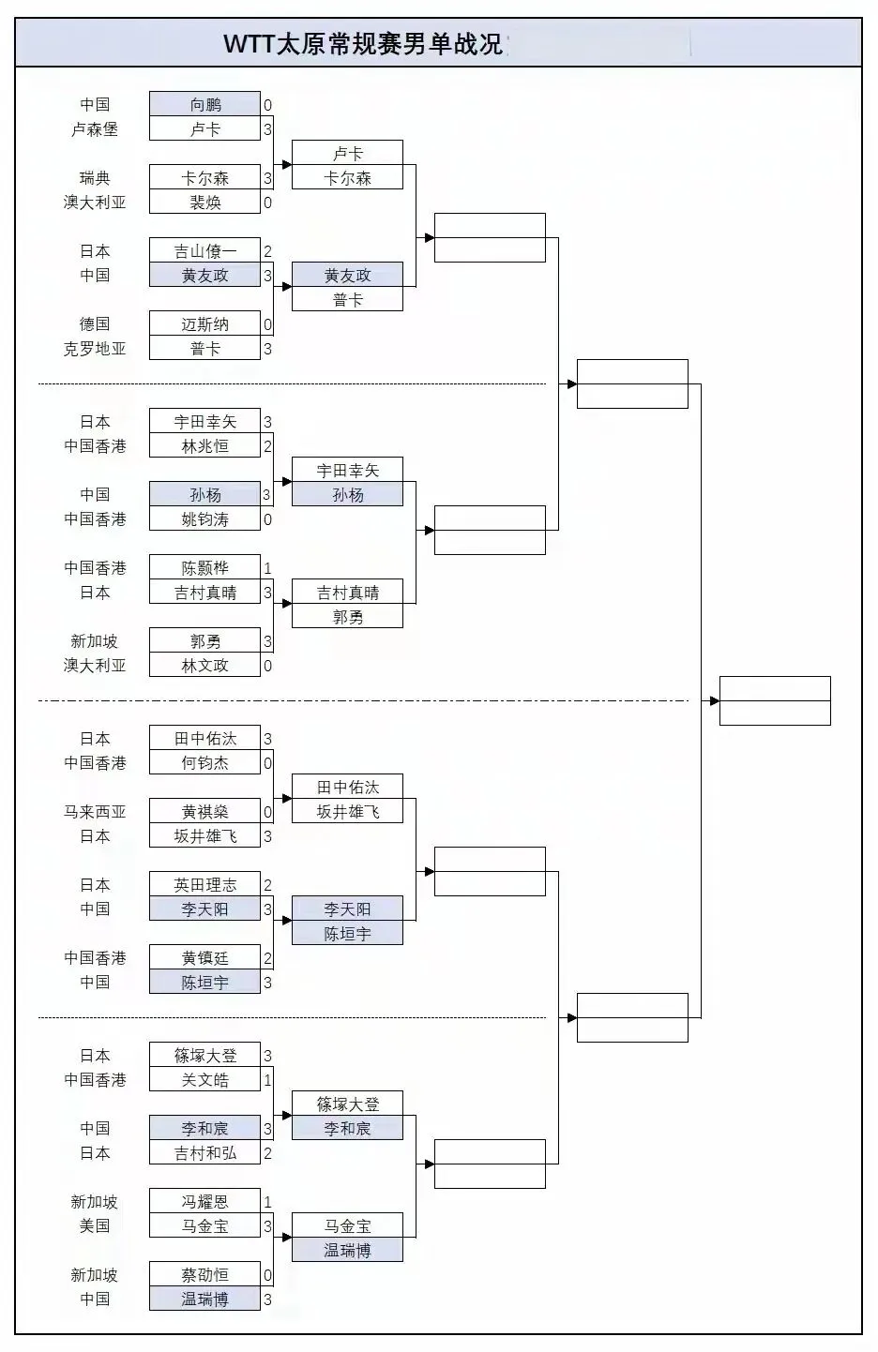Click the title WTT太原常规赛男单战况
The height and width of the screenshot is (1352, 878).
[x=364, y=44]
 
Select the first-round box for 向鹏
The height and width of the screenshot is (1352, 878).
[x=204, y=105]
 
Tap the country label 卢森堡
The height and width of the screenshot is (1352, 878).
[x=95, y=129]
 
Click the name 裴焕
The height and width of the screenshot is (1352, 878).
[x=204, y=203]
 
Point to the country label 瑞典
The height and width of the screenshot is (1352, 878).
[x=95, y=178]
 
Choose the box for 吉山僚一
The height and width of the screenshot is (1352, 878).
[x=204, y=251]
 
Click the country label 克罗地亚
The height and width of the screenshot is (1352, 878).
[x=95, y=349]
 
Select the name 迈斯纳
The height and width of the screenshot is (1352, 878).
[x=204, y=324]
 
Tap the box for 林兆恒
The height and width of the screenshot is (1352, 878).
[x=204, y=446]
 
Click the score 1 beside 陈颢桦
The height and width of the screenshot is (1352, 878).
[x=267, y=568]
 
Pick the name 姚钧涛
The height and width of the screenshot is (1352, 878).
[x=204, y=519]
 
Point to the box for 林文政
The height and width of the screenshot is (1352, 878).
[x=204, y=666]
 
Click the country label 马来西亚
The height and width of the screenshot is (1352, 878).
[x=95, y=812]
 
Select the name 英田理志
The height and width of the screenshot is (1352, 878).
[x=204, y=885]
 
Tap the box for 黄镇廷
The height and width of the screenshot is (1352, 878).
[x=204, y=958]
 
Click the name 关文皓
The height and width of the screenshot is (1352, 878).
[x=204, y=1080]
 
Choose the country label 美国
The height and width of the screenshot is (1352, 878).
[x=95, y=1226]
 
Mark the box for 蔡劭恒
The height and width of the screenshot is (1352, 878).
[x=204, y=1275]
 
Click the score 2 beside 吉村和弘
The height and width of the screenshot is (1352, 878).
[x=267, y=1153]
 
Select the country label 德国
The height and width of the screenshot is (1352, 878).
[x=95, y=324]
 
